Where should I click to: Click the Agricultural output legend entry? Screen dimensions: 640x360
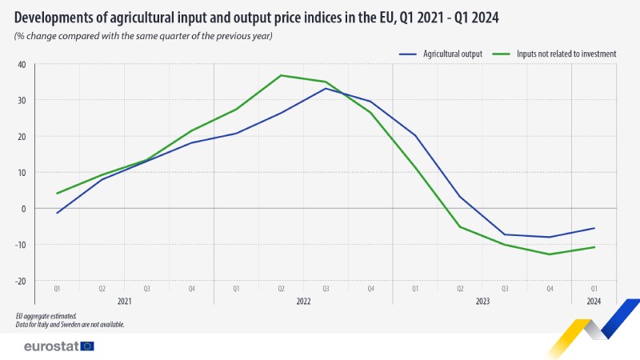pyautogui.click(x=441, y=54)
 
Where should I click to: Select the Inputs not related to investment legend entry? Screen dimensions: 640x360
pyautogui.click(x=554, y=54)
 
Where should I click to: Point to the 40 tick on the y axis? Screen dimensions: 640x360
pyautogui.click(x=22, y=65)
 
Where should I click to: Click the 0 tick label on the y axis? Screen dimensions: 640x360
pyautogui.click(x=24, y=209)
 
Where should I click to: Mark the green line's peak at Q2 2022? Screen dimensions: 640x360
pyautogui.click(x=281, y=75)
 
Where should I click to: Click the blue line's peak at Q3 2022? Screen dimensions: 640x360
pyautogui.click(x=326, y=88)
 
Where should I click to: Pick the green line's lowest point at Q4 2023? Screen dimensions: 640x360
pyautogui.click(x=550, y=254)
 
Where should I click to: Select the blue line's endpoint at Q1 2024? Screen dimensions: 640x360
pyautogui.click(x=594, y=228)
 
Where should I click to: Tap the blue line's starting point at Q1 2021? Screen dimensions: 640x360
pyautogui.click(x=57, y=213)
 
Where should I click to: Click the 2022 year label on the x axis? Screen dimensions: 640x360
pyautogui.click(x=303, y=302)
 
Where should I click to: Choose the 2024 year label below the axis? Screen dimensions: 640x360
pyautogui.click(x=594, y=302)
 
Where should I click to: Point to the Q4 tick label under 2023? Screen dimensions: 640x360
pyautogui.click(x=550, y=289)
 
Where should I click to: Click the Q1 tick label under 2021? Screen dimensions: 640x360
pyautogui.click(x=57, y=289)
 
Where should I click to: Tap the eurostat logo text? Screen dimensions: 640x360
pyautogui.click(x=51, y=346)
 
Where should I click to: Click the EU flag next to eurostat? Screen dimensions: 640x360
pyautogui.click(x=87, y=346)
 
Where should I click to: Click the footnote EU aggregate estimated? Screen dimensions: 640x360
pyautogui.click(x=46, y=316)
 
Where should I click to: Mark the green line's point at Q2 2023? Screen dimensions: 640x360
pyautogui.click(x=460, y=227)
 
